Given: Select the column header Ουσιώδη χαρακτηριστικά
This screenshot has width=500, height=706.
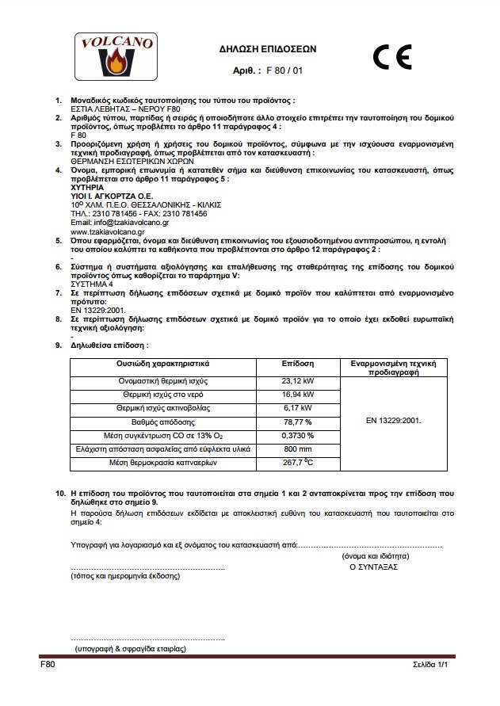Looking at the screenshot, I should point(163,363).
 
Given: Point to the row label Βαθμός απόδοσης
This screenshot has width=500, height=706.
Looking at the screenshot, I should point(163,422).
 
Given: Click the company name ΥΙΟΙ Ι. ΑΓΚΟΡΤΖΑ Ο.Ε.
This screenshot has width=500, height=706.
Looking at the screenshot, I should point(108,195).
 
